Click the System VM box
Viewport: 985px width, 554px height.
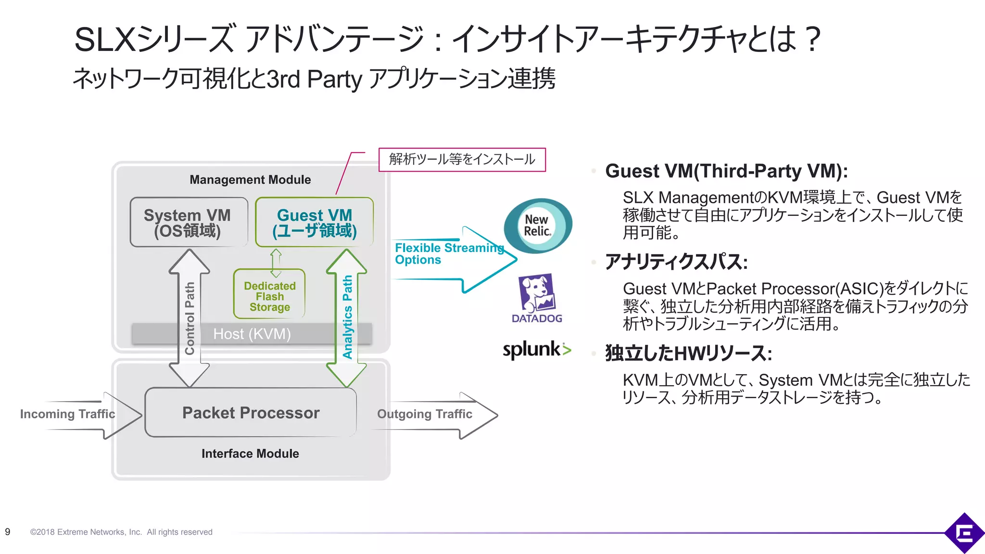tap(189, 222)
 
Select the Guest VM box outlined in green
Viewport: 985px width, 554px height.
tap(314, 222)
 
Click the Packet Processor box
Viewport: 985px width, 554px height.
tap(251, 413)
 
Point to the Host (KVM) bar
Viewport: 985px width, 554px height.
tap(252, 334)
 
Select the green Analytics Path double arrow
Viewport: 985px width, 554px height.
tap(347, 317)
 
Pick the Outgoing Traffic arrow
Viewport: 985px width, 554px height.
tap(433, 415)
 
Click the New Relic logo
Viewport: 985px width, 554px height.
tap(537, 226)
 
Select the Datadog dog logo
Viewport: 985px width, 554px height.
tap(537, 293)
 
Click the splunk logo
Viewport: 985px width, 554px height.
tap(536, 350)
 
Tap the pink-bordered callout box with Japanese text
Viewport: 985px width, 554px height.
tap(462, 159)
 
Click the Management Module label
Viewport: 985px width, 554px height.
tap(250, 180)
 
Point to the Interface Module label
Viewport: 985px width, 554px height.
tap(250, 453)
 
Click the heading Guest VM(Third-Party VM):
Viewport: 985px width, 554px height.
tap(726, 171)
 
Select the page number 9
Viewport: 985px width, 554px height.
tap(8, 532)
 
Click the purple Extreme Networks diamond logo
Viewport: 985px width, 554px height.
tap(964, 532)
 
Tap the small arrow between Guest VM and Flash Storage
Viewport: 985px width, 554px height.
tap(276, 263)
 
